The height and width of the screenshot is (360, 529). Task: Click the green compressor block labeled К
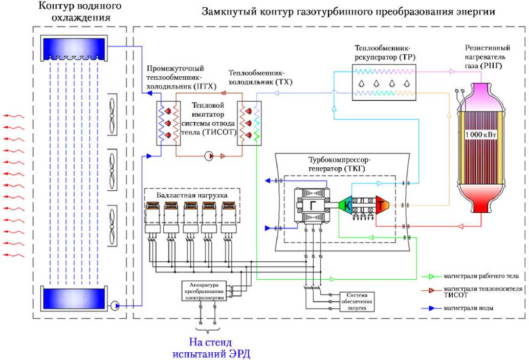[x=346, y=206]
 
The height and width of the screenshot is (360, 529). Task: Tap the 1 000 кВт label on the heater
[x=480, y=134]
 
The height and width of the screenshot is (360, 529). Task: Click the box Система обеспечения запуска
[x=357, y=302]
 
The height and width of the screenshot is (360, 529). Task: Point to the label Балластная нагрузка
[x=192, y=194]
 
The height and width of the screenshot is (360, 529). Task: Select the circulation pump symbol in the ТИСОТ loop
[x=209, y=156]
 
